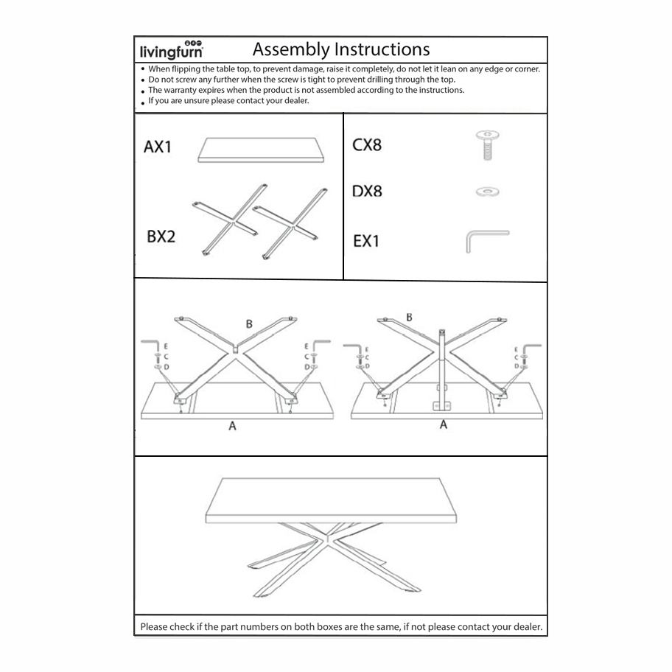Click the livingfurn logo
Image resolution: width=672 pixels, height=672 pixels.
[172, 51]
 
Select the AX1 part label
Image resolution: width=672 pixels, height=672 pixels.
[158, 147]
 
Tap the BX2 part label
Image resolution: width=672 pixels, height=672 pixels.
[161, 239]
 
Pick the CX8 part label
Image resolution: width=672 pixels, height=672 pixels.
[367, 145]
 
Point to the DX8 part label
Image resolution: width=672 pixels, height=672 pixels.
[367, 192]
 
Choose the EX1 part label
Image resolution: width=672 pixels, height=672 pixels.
[366, 241]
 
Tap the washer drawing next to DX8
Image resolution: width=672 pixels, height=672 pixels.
[487, 192]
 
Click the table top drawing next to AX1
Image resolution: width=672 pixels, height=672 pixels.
[262, 152]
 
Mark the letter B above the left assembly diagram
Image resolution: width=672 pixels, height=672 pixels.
[249, 324]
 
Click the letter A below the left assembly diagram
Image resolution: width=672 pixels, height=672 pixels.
[232, 427]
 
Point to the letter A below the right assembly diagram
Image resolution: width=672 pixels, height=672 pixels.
[443, 425]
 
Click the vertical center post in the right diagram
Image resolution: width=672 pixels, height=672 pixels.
[443, 368]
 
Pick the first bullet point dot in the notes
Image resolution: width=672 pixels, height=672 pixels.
[142, 69]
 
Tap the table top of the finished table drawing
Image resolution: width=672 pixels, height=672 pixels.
[332, 501]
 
